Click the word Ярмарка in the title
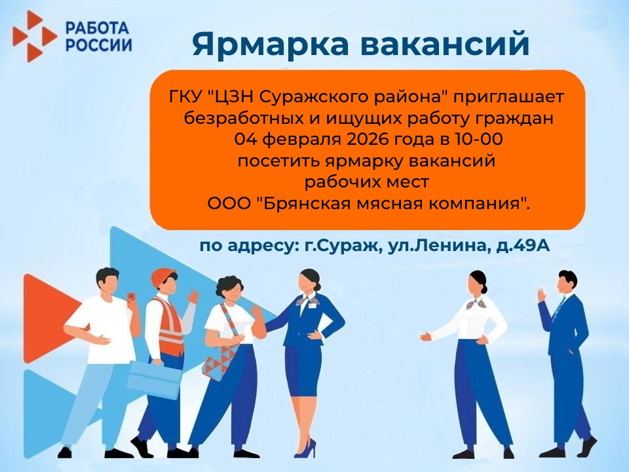pyautogui.click(x=271, y=43)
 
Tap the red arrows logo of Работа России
pyautogui.click(x=33, y=37)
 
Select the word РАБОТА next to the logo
pyautogui.click(x=97, y=28)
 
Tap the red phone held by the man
pyautogui.click(x=130, y=296)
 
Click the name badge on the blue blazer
pyautogui.click(x=313, y=306)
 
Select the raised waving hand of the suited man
pyautogui.click(x=542, y=295)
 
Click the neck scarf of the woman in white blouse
pyautogui.click(x=476, y=304)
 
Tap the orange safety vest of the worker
pyautogui.click(x=171, y=326)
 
